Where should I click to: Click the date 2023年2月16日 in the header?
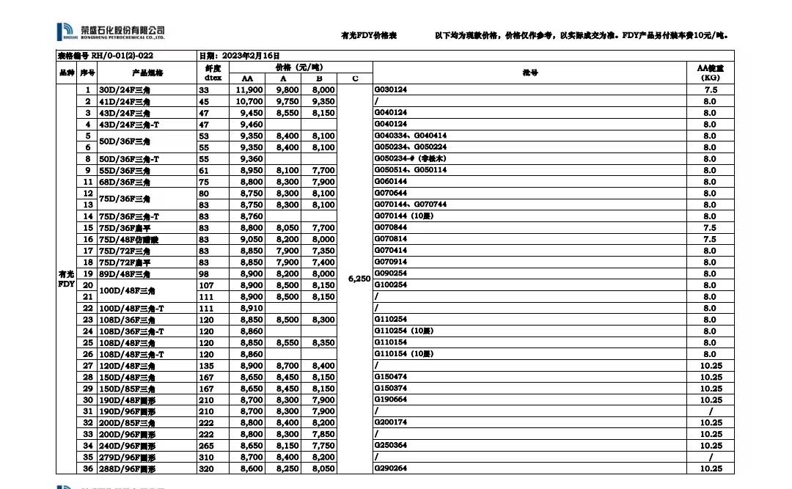pos(239,55)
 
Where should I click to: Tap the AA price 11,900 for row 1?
pos(249,89)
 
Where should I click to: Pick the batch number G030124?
pos(390,89)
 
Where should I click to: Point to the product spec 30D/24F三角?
pos(125,89)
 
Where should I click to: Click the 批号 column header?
pos(529,73)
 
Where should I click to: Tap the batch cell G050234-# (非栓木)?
pos(410,158)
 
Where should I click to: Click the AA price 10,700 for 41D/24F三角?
pos(249,101)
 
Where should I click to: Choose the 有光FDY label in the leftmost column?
pos(67,279)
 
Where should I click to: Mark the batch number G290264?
pos(390,468)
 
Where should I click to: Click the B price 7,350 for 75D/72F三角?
pos(323,251)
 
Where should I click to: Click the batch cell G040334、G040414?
pos(410,136)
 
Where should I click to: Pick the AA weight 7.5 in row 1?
pos(709,89)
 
